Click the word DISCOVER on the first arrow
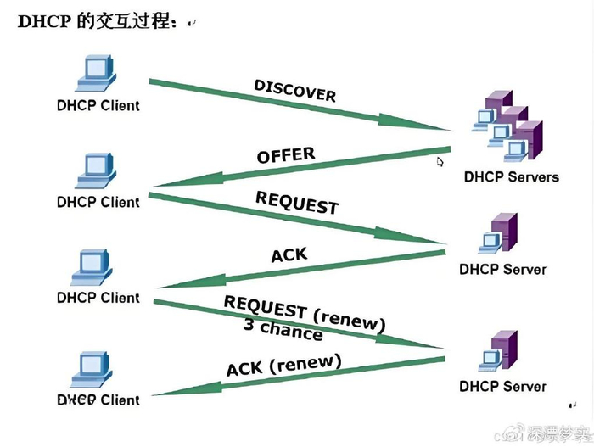coord(294,90)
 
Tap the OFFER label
coord(286,156)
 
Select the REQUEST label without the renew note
coord(297,203)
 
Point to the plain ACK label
coord(289,254)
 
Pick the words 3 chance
coord(283,330)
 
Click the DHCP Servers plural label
coord(511,177)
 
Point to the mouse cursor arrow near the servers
coord(440,160)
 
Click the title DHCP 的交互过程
coord(98,23)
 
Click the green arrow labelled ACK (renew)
coord(297,377)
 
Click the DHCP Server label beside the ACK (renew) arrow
coord(502,387)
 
